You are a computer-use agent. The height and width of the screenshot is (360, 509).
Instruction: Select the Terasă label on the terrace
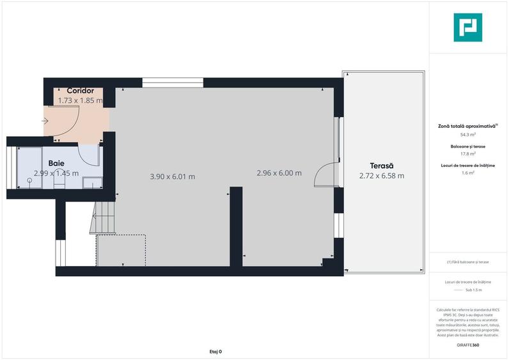point(382,166)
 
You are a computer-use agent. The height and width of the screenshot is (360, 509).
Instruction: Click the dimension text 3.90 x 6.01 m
point(173,176)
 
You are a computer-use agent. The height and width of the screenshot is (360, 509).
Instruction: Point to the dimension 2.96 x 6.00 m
point(279,173)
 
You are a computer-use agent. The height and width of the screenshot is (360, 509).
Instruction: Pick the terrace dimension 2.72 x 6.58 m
point(382,176)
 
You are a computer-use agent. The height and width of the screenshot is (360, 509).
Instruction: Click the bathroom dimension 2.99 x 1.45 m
point(56,173)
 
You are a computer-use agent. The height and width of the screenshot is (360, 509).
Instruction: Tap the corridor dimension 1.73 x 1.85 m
point(81,100)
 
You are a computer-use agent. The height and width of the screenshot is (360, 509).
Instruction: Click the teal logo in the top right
point(467,27)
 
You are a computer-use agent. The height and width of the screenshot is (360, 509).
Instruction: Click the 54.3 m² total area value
point(468,135)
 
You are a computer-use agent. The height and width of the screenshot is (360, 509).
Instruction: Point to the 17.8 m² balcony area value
point(468,154)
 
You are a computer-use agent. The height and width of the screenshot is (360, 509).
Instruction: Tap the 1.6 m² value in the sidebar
point(468,173)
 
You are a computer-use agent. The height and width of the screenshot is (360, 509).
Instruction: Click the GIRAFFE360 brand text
point(468,345)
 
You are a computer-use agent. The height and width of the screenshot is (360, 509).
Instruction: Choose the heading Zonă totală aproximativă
point(467,126)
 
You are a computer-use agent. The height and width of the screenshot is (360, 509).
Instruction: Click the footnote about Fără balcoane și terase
point(468,262)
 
